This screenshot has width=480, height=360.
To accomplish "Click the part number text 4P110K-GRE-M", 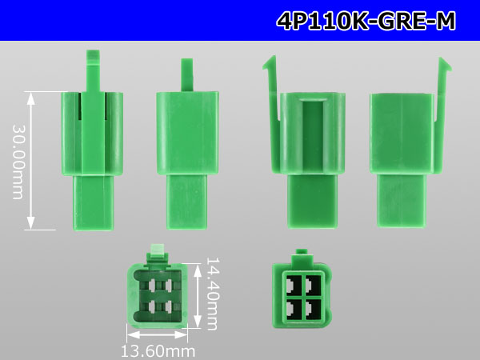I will click(366, 21).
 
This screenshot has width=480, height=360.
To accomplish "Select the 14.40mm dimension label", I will click(212, 293).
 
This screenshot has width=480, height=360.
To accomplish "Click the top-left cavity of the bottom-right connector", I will click(294, 285).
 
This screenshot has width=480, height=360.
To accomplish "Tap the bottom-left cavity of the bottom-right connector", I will click(294, 308).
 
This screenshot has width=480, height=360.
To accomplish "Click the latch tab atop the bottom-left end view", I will click(158, 254).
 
